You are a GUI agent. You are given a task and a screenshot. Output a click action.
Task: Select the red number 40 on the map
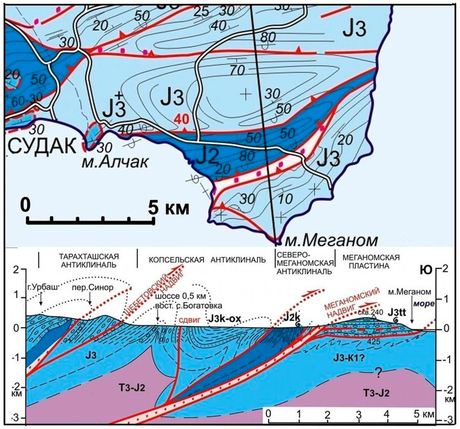[x=179, y=119]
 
